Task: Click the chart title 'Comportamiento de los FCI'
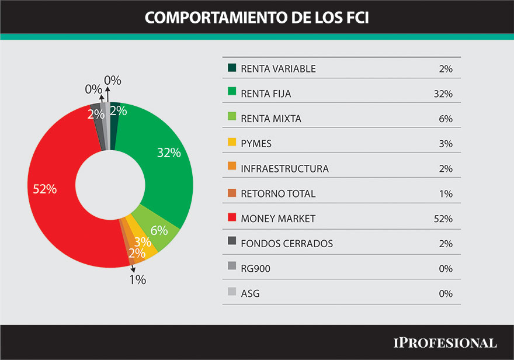pos(256,18)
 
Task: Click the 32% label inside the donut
pos(169,153)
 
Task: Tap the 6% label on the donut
pos(159,230)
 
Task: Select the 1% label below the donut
pos(138,280)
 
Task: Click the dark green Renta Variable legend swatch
pos(231,68)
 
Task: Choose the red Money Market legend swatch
pos(231,219)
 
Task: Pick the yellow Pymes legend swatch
pos(231,143)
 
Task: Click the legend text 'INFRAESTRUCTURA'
pos(284,169)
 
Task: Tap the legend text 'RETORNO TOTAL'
pos(277,193)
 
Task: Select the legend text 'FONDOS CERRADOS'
pos(287,244)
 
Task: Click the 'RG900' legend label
pos(255,268)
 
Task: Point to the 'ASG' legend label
pos(250,293)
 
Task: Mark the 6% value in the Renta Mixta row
pos(445,119)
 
